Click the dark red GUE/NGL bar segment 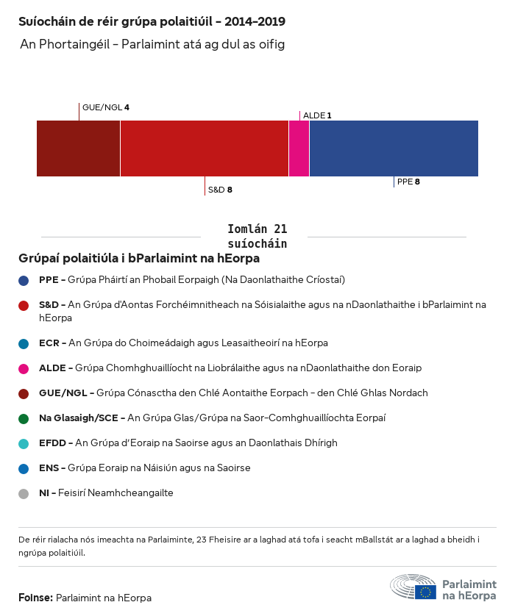click(x=78, y=148)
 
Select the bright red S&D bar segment click(x=204, y=148)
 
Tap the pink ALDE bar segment click(x=299, y=148)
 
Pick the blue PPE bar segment click(x=394, y=148)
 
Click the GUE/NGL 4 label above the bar click(x=106, y=107)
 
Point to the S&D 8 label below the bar click(x=220, y=190)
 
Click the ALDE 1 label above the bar click(x=317, y=115)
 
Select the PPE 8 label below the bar click(x=408, y=182)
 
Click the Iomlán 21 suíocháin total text click(x=257, y=236)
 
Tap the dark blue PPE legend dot click(x=24, y=280)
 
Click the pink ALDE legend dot click(x=24, y=368)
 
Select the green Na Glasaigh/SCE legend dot click(x=24, y=418)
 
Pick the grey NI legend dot click(x=24, y=493)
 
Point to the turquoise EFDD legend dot click(x=24, y=443)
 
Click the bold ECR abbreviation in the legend click(x=49, y=343)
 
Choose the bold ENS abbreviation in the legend click(x=49, y=468)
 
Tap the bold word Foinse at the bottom click(x=35, y=598)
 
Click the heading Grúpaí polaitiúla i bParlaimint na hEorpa click(x=139, y=259)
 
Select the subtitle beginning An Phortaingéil click(x=152, y=45)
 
